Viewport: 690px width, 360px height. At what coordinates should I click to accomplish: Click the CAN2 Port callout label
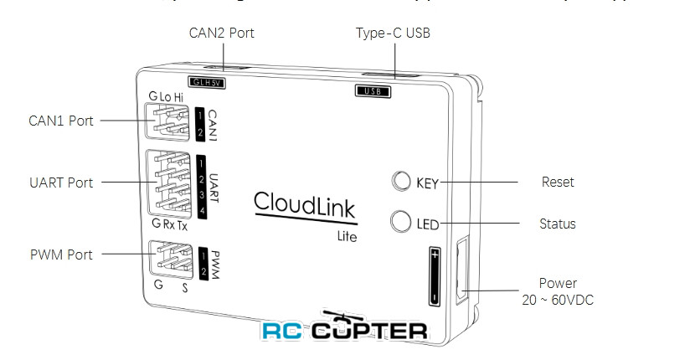pyautogui.click(x=222, y=33)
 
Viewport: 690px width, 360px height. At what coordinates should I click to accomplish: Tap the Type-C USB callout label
pyautogui.click(x=393, y=33)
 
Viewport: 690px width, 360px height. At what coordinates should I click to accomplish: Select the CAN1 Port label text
pyautogui.click(x=60, y=121)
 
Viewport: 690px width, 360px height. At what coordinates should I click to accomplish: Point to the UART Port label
pyautogui.click(x=60, y=183)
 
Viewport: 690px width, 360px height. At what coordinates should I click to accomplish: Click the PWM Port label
pyautogui.click(x=60, y=255)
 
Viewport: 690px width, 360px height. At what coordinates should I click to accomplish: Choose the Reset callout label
pyautogui.click(x=558, y=182)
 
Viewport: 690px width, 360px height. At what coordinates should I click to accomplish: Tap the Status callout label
pyautogui.click(x=559, y=224)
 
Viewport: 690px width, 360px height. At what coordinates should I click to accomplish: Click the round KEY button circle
pyautogui.click(x=401, y=182)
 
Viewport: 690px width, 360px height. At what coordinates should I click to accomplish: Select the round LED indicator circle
pyautogui.click(x=401, y=223)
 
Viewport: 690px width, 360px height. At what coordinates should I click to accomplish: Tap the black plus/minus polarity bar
pyautogui.click(x=435, y=275)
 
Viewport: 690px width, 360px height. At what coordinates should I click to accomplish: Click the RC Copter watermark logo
pyautogui.click(x=343, y=328)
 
